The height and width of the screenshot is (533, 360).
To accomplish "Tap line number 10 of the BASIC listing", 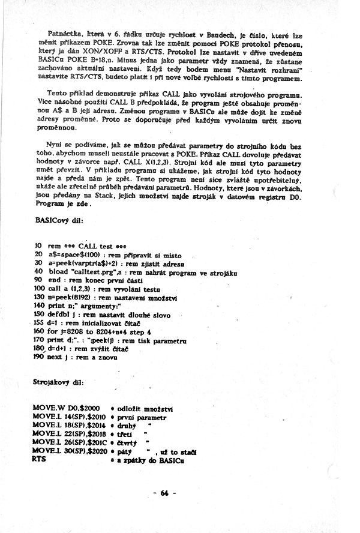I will click(37, 246).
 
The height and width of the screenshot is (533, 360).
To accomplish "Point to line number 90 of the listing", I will click(37, 280).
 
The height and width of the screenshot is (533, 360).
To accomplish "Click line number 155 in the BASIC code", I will click(39, 322).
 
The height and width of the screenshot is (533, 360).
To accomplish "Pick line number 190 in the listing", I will click(39, 357).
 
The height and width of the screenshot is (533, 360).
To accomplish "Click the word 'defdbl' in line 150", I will click(60, 313).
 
